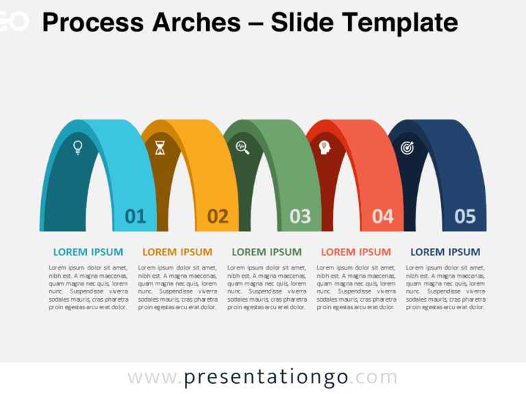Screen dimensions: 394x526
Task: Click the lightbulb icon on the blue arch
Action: click(77, 146)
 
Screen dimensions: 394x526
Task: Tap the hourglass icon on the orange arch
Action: click(160, 147)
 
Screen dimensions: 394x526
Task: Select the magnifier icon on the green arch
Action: click(242, 146)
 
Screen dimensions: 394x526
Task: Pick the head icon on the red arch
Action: click(325, 146)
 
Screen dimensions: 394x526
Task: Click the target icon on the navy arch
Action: click(407, 147)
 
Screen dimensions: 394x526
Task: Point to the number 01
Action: click(136, 217)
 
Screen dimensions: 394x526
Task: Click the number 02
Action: click(218, 217)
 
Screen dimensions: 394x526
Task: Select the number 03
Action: click(300, 217)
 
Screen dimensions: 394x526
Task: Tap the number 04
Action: click(383, 217)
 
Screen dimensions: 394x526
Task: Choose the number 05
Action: click(465, 217)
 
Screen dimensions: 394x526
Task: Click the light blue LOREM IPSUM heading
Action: click(88, 252)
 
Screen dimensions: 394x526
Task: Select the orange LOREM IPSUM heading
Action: click(177, 252)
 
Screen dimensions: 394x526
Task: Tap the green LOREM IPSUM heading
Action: click(266, 252)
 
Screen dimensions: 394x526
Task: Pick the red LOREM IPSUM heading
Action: click(356, 252)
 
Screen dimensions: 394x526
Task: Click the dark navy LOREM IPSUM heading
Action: click(445, 252)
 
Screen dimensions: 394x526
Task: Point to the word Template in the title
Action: click(399, 23)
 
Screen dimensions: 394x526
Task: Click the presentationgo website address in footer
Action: click(262, 377)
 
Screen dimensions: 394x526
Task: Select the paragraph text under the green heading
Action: click(266, 287)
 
